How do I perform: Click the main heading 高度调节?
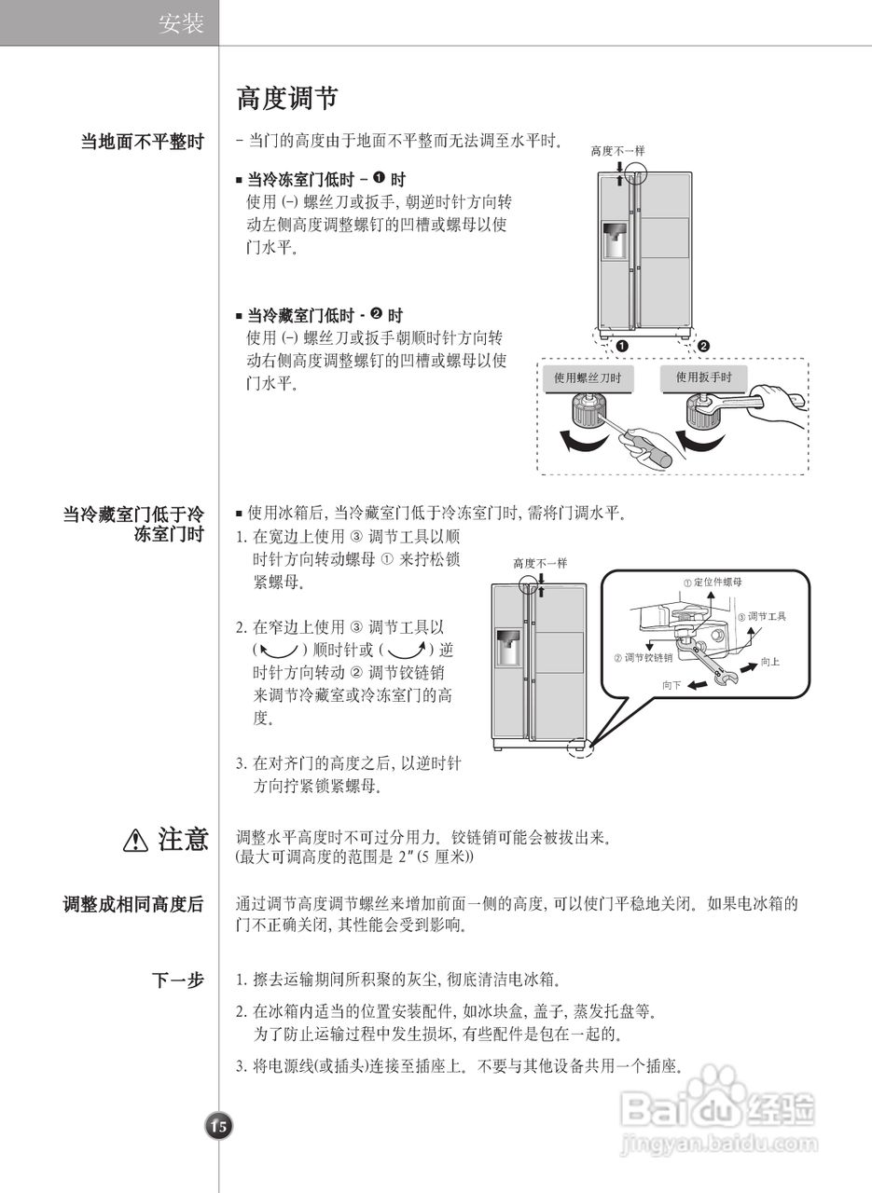pos(286,99)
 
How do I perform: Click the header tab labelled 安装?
pos(181,24)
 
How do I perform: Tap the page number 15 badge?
pos(218,1126)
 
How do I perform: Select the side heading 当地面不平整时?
pos(142,143)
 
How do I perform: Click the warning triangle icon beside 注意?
pos(136,841)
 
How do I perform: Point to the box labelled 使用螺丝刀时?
pos(588,377)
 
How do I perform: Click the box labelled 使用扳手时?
pos(704,377)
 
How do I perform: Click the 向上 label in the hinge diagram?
pos(769,661)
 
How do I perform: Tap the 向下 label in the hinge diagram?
pos(671,684)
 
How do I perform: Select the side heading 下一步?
pos(178,980)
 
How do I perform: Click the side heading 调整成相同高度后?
pos(133,904)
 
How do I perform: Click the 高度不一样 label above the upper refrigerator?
pos(617,150)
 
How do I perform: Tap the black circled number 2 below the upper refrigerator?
pos(703,346)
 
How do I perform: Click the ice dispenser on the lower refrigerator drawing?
pos(508,648)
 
